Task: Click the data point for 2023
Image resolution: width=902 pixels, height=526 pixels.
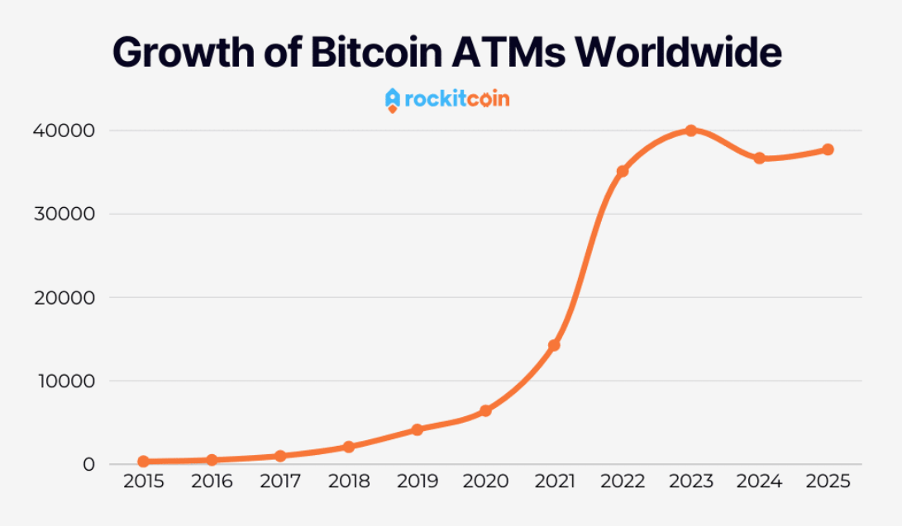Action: pos(690,130)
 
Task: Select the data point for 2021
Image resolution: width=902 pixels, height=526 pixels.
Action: pos(554,345)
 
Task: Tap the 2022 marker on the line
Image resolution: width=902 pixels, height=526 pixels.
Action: pos(623,171)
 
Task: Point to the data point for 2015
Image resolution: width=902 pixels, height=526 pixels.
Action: pos(143,462)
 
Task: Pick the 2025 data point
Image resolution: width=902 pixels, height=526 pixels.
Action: pos(828,149)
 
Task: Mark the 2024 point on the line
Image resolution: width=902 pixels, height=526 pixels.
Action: pos(759,158)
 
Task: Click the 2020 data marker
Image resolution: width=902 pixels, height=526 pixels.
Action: pos(485,410)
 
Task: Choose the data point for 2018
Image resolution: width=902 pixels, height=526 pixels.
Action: pos(348,447)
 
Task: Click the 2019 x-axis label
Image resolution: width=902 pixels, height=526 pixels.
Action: pos(417,481)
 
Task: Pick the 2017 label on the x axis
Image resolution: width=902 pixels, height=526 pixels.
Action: pos(280,481)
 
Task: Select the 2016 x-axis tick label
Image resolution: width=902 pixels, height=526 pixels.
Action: pos(212,481)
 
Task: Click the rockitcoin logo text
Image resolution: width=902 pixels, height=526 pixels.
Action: pos(457,100)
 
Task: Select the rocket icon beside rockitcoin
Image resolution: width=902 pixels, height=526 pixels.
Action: pos(393,100)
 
